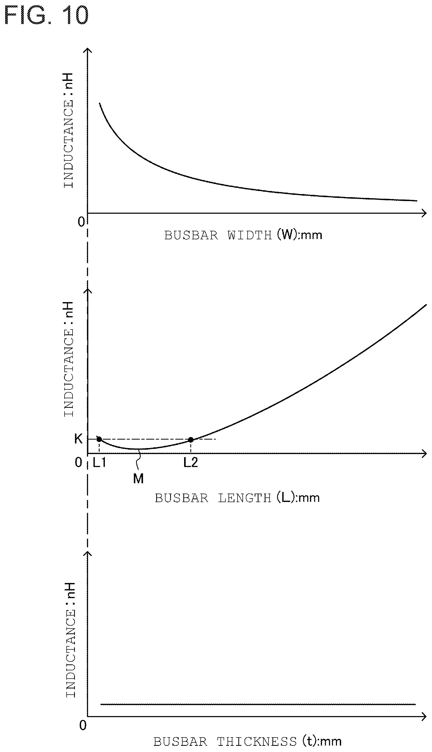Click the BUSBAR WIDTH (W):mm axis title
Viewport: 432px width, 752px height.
243,235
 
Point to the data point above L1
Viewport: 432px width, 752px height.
99,439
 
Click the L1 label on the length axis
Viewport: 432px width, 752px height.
99,463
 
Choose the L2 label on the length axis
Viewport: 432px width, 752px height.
191,463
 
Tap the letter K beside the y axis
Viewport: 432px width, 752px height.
78,439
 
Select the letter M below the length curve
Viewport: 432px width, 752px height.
138,479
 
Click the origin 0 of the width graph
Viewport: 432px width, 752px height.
81,222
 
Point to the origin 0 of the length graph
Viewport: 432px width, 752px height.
78,462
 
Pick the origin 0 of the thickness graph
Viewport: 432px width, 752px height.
83,725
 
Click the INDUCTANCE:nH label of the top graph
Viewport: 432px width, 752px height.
68,130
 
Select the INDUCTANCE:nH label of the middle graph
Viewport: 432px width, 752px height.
68,359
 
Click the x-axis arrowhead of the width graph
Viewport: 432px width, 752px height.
424,213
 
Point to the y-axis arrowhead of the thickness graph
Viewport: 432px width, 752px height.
88,554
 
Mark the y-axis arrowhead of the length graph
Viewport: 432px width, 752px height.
88,291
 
